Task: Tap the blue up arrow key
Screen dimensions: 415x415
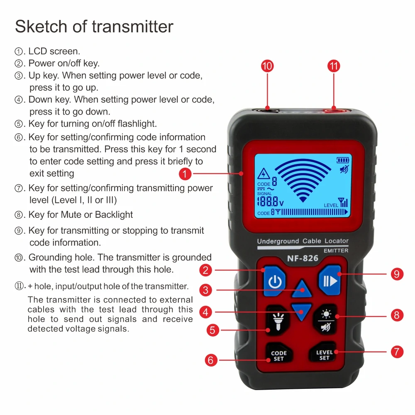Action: [301, 289]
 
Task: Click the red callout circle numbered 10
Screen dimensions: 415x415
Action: [267, 66]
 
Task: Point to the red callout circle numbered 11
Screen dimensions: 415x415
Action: [334, 66]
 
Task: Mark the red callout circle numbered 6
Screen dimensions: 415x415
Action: [211, 360]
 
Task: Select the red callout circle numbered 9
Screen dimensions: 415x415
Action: [397, 274]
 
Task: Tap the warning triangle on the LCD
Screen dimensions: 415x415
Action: [264, 174]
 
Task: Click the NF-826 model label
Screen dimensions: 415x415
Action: [303, 259]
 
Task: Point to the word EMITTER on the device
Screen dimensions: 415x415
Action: [336, 251]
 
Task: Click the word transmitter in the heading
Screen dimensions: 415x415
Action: [132, 27]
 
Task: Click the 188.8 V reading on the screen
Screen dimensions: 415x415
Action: [270, 202]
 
